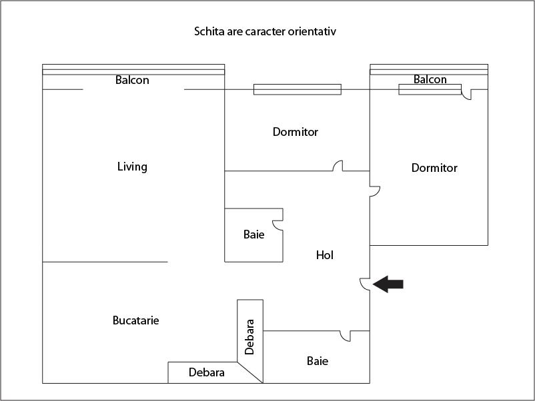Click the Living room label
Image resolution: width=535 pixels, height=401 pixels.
132,167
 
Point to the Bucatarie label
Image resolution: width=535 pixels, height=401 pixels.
136,320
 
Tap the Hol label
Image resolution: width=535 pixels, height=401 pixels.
324,255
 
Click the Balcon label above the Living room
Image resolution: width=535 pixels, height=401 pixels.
132,80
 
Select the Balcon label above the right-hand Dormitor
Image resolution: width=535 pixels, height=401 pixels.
430,79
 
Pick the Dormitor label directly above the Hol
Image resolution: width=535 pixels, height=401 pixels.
296,132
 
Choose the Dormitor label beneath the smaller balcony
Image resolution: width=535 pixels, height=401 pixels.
434,168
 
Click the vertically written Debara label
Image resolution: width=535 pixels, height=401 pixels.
249,336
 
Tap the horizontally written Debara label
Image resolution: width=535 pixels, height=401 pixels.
207,372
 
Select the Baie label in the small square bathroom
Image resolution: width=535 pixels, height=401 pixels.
253,234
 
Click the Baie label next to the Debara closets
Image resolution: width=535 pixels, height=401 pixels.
318,361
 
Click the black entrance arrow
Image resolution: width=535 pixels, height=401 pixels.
388,284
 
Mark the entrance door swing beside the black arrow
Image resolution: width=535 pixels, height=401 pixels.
364,284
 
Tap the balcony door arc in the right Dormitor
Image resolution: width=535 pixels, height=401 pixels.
466,95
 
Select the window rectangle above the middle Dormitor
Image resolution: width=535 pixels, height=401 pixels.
297,89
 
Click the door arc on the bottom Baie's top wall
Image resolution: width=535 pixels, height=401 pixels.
345,336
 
